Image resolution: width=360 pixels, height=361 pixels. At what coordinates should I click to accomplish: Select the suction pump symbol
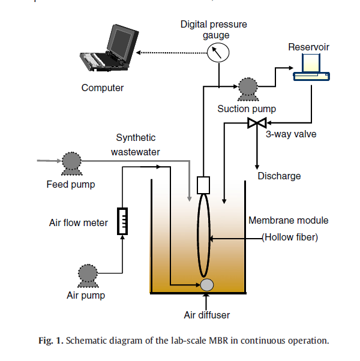pos(247,89)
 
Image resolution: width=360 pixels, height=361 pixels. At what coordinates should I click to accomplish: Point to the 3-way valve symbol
pos(257,124)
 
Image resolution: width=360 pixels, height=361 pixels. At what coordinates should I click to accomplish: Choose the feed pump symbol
pos(71,162)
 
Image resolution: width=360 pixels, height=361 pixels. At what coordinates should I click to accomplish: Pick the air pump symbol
pos(86,276)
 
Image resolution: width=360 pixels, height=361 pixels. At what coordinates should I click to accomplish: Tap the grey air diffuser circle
pos(208,285)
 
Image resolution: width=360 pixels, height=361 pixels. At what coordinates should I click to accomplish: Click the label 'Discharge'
pos(279,176)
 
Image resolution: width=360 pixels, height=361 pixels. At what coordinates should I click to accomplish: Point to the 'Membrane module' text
pos(289,221)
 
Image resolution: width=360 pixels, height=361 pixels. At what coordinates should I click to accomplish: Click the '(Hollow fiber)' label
pos(289,237)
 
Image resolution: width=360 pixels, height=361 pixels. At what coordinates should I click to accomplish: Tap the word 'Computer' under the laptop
pos(103,88)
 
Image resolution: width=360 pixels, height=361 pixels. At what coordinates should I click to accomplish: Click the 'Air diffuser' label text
pos(206,314)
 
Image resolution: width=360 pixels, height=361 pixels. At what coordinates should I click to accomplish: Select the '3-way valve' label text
pos(291,134)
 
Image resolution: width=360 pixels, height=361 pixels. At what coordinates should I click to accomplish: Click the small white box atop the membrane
pos(202,183)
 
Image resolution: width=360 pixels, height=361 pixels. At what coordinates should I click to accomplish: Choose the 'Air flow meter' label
pos(78,223)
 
